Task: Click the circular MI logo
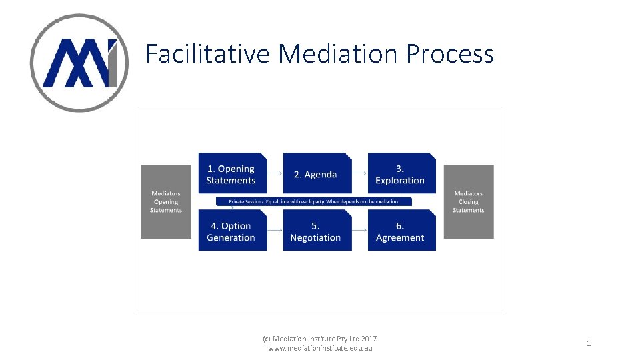tap(79, 63)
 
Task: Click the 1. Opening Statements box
tap(232, 174)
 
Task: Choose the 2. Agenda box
tap(316, 174)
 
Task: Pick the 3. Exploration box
tap(401, 174)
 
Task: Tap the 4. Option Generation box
tap(232, 231)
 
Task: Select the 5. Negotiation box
tap(316, 231)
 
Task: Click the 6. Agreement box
tap(401, 231)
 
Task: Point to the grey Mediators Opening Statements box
tap(166, 201)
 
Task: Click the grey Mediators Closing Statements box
tap(469, 201)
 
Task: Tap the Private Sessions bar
tap(313, 201)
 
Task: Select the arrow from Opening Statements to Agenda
tap(275, 173)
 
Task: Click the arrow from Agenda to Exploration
tap(359, 173)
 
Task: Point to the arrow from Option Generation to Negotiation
tap(275, 231)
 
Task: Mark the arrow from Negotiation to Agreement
tap(359, 231)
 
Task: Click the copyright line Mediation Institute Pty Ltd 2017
tap(320, 339)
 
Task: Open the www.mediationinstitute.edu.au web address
tap(320, 348)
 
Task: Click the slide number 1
tap(589, 343)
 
